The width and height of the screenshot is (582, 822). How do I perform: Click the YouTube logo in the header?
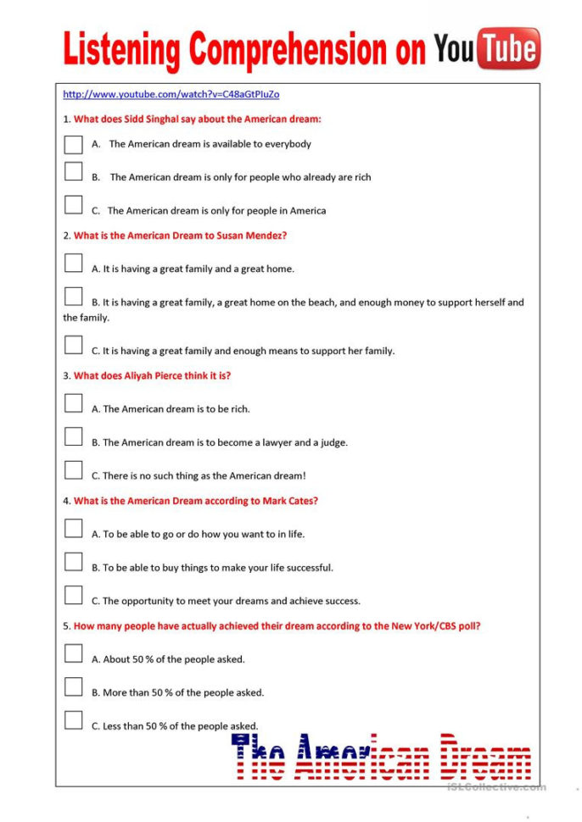(487, 48)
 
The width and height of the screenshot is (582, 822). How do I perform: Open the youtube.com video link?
(171, 94)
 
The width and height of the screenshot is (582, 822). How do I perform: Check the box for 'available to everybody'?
(73, 144)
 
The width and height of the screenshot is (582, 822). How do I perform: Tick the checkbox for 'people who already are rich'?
(73, 171)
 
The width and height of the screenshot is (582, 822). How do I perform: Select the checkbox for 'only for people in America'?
(73, 204)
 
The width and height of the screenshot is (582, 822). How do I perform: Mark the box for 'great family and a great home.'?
(73, 263)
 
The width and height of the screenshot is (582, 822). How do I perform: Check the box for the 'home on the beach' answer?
(73, 296)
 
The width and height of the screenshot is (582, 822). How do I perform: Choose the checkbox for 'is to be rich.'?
(73, 403)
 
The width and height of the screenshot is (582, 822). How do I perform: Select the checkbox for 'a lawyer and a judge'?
(73, 436)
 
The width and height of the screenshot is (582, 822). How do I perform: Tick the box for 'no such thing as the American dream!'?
(73, 469)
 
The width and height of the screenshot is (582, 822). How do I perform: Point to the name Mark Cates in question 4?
(288, 501)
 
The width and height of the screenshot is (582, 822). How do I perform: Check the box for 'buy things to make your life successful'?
(73, 561)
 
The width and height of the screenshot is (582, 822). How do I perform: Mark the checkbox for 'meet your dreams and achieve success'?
(73, 595)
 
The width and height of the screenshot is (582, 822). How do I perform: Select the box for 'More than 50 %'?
(73, 686)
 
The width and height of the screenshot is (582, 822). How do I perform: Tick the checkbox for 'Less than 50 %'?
(73, 719)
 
